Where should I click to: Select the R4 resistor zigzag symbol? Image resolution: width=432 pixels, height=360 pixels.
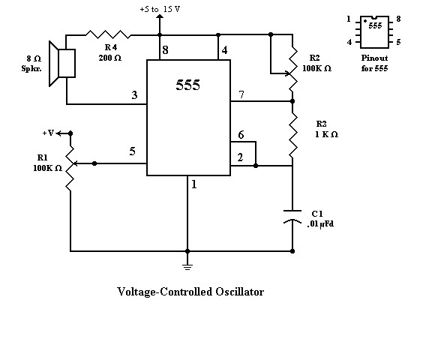click(108, 34)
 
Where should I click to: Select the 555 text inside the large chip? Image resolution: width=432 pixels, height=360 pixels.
click(187, 85)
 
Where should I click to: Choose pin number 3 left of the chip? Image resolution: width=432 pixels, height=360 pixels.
click(134, 95)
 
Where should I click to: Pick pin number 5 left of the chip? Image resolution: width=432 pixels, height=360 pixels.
click(132, 151)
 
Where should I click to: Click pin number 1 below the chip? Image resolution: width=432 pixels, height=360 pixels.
click(193, 184)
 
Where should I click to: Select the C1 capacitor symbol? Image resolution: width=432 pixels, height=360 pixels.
click(292, 220)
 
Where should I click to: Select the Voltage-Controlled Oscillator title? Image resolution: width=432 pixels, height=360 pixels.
click(190, 291)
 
